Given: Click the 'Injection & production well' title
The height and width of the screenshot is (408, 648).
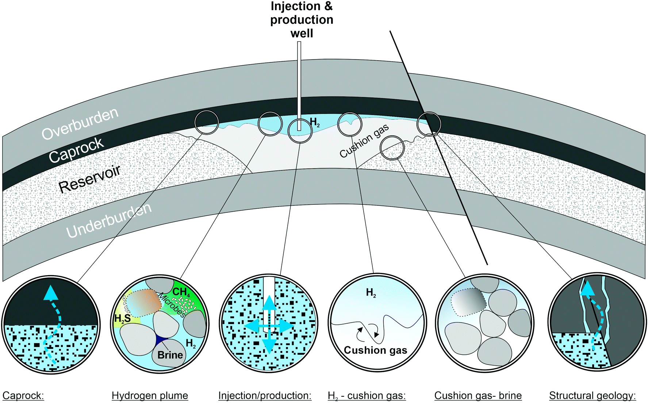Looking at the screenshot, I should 302,20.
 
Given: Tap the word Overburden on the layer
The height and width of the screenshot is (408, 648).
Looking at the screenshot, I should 80,124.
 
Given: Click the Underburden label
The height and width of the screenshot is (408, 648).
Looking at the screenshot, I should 108,220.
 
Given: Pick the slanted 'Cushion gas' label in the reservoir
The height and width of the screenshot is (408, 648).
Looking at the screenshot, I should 364,142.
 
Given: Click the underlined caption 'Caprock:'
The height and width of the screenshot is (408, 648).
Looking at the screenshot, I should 23,396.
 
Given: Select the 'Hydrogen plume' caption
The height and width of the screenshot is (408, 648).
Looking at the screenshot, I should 150,396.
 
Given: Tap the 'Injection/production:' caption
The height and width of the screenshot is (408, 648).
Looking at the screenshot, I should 265,396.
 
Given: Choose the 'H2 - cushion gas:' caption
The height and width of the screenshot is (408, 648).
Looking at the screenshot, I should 367,396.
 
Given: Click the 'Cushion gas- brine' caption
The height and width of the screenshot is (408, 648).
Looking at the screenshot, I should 478,396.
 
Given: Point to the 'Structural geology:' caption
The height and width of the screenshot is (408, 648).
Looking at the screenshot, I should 592,396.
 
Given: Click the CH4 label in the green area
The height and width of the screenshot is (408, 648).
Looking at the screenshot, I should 181,292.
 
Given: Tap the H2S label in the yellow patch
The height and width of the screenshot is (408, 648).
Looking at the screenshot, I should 122,319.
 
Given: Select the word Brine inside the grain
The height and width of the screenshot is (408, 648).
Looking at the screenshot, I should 170,355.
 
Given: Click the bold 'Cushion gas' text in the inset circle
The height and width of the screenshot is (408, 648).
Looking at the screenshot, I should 375,350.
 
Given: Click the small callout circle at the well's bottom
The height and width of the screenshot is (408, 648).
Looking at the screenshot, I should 300,131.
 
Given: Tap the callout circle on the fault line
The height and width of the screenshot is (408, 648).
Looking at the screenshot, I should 429,124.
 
